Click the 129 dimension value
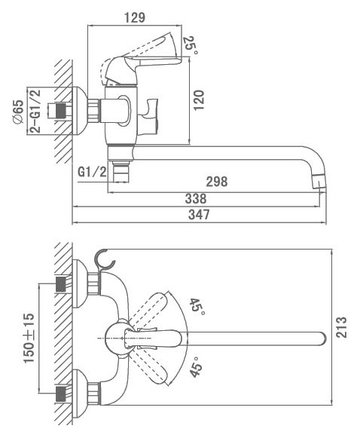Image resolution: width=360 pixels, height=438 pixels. pyautogui.click(x=135, y=17)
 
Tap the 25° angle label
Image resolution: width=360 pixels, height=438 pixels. pyautogui.click(x=191, y=45)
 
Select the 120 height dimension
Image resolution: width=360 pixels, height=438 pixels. pyautogui.click(x=199, y=100)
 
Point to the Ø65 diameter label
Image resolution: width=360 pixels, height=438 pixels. pyautogui.click(x=18, y=112)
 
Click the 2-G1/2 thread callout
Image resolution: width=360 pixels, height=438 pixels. pyautogui.click(x=35, y=111)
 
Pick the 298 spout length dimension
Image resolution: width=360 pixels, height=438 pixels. pyautogui.click(x=217, y=182)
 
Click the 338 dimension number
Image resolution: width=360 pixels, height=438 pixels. pyautogui.click(x=196, y=198)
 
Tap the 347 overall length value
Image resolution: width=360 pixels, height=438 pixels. pyautogui.click(x=199, y=215)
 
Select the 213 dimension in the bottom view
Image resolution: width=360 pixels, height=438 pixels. pyautogui.click(x=341, y=327)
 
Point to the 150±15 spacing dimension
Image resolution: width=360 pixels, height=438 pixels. pyautogui.click(x=29, y=338)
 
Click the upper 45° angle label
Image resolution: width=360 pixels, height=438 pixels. pyautogui.click(x=197, y=307)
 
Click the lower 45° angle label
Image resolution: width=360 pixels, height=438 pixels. pyautogui.click(x=196, y=367)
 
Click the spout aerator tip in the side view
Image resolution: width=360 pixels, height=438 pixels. pyautogui.click(x=319, y=182)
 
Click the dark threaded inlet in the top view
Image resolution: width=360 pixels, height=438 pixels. pyautogui.click(x=62, y=111)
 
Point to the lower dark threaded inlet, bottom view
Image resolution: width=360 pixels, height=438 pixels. pyautogui.click(x=61, y=394)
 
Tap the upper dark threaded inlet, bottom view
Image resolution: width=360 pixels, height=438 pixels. pyautogui.click(x=61, y=284)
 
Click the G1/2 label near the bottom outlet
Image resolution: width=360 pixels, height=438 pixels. pyautogui.click(x=92, y=173)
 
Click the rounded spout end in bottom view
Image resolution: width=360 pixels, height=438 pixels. pyautogui.click(x=322, y=338)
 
